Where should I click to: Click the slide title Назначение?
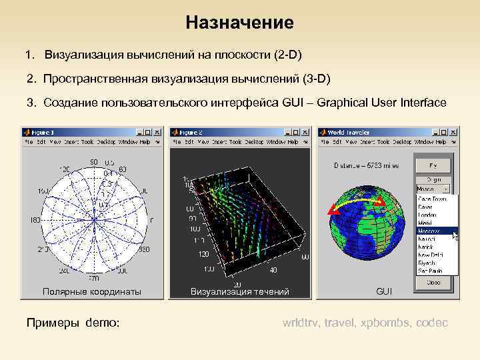(x=239, y=23)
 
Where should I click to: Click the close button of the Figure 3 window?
(x=159, y=132)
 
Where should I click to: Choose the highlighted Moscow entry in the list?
(x=431, y=231)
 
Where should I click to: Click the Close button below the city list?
(x=434, y=281)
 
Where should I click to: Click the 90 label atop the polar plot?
(x=94, y=161)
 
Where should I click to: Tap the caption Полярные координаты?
(x=92, y=292)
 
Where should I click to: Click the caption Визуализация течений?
(x=240, y=292)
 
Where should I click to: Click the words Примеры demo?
(x=73, y=323)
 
